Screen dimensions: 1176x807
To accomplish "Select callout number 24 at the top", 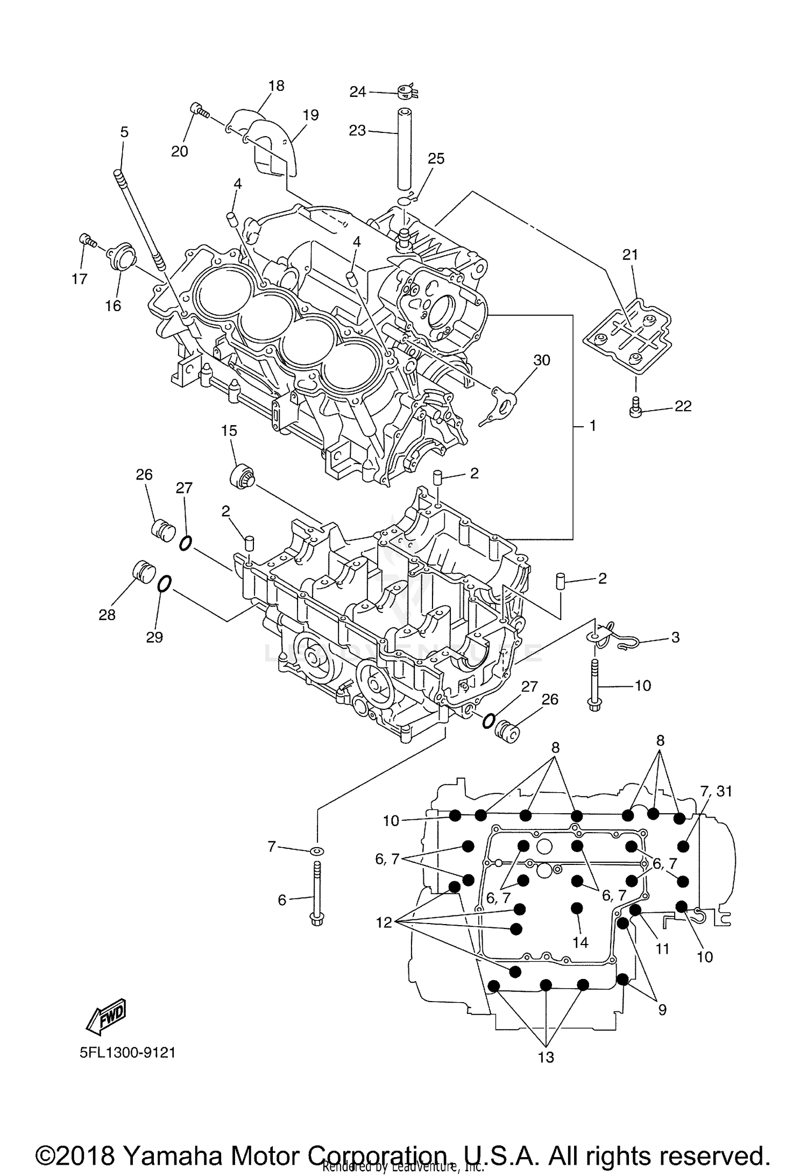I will [x=358, y=92].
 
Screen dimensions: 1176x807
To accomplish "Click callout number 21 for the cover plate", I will [x=630, y=255].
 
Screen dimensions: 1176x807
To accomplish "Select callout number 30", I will [x=542, y=360].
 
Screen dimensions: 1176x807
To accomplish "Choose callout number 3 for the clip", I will [x=675, y=637].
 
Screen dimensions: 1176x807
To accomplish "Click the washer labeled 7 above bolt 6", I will [x=317, y=850].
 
